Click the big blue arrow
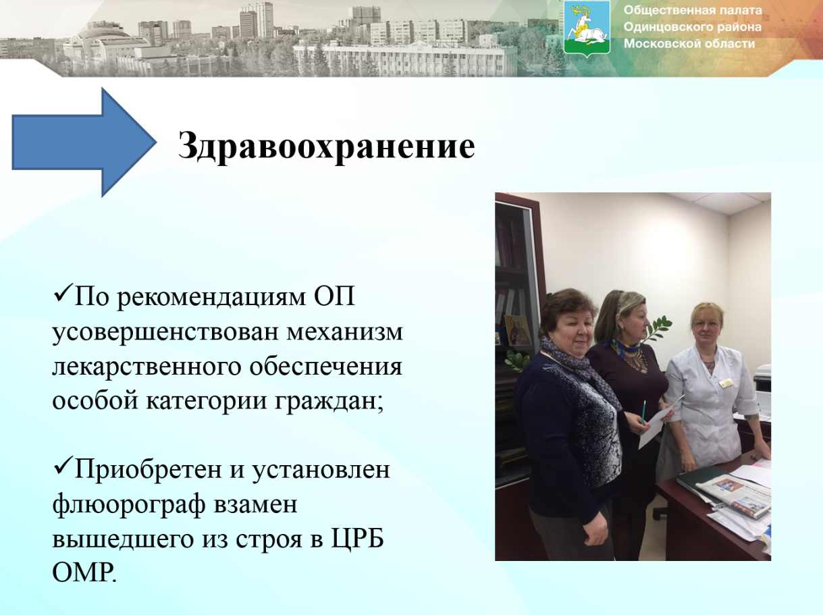click(x=84, y=142)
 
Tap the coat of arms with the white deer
click(x=587, y=28)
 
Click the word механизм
click(x=345, y=332)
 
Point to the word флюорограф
click(x=128, y=505)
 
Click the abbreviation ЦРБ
click(x=358, y=539)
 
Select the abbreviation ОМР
click(x=84, y=572)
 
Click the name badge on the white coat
click(x=726, y=383)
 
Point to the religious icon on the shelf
click(x=518, y=330)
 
